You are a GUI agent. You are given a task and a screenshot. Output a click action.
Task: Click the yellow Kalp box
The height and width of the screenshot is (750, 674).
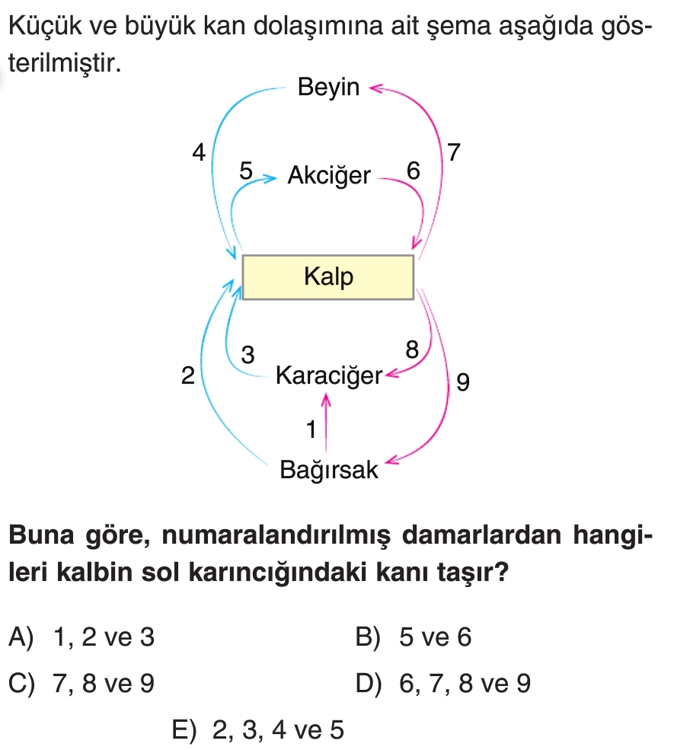click(x=327, y=277)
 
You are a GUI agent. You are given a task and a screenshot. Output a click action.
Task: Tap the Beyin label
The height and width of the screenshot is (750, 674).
click(x=328, y=88)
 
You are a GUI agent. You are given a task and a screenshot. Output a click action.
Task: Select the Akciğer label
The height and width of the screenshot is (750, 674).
click(x=328, y=177)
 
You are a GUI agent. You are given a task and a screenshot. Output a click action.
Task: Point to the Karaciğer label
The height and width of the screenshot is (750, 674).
click(x=328, y=375)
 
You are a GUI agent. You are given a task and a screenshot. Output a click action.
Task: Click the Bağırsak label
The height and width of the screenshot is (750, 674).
click(x=328, y=470)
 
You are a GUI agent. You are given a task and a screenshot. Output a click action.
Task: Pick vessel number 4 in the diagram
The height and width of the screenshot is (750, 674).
click(x=199, y=153)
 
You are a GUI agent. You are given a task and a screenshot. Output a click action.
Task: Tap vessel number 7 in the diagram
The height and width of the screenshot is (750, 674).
click(x=454, y=153)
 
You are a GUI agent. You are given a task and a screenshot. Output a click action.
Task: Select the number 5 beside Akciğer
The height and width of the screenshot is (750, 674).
click(x=245, y=171)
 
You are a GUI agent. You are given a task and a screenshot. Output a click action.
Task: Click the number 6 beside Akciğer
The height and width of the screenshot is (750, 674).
click(x=412, y=171)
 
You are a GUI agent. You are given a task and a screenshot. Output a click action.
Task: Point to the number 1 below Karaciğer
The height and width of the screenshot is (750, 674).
click(x=309, y=430)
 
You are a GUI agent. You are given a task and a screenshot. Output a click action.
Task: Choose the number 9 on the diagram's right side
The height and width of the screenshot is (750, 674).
click(x=462, y=382)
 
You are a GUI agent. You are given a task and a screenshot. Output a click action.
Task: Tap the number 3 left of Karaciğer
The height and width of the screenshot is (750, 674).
click(x=248, y=354)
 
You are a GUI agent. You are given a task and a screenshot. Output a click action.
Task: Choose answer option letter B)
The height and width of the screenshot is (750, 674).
click(x=369, y=638)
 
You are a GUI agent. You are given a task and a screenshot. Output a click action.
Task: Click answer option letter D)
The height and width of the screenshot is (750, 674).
click(x=369, y=685)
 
